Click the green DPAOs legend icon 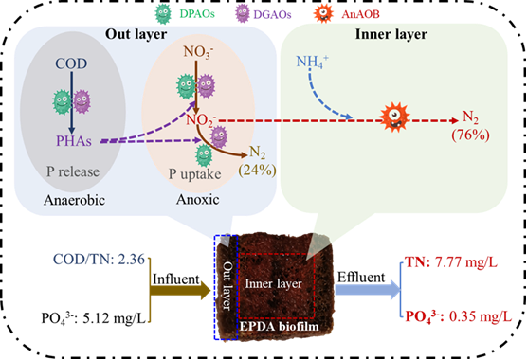tap(163, 14)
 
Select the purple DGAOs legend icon tap(243, 14)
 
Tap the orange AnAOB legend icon tap(323, 13)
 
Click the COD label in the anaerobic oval tap(71, 63)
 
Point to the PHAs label tap(74, 141)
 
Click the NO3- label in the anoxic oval tap(199, 52)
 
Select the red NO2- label tap(201, 120)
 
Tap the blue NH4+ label tap(312, 63)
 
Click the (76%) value tap(470, 135)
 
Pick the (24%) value tap(258, 170)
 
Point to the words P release tap(73, 171)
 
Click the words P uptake tap(195, 174)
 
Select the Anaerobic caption tap(74, 200)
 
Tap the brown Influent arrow tap(180, 291)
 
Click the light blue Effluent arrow tap(368, 290)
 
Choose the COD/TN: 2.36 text tap(99, 260)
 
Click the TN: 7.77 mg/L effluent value tap(451, 261)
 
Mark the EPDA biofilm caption tap(280, 326)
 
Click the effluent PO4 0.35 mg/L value tap(459, 316)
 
